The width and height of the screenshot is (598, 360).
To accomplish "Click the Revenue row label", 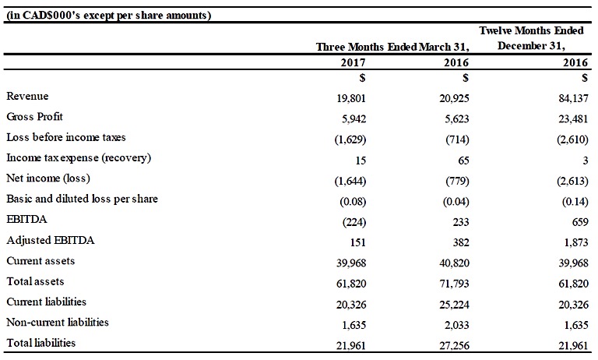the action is (27, 96).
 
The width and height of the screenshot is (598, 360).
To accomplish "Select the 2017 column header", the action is (353, 62).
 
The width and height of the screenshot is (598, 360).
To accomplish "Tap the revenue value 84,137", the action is (573, 98).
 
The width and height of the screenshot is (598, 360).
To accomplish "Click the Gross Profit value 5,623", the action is (456, 119).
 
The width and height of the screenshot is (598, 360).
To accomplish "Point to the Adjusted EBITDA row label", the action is (51, 240).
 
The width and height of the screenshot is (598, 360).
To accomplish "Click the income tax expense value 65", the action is (463, 161).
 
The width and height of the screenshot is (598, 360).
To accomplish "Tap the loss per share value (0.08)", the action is (353, 201).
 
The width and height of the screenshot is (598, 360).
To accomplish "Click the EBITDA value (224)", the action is (354, 222).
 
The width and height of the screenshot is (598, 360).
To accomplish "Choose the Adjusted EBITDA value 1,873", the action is (576, 242).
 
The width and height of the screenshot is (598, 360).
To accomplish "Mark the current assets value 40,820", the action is (454, 263).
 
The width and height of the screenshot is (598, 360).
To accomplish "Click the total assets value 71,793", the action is (454, 284).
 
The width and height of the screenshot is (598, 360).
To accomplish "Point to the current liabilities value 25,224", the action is (454, 305).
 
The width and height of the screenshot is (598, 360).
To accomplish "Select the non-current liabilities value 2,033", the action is (456, 325).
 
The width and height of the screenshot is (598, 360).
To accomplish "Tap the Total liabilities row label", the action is (40, 343).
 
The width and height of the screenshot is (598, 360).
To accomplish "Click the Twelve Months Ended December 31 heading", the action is (531, 38).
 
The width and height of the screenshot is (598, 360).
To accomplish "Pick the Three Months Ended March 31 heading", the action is (392, 47).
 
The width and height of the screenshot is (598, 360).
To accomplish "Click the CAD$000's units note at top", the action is (109, 16).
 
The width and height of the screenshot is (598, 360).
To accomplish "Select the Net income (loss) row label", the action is (48, 178).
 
